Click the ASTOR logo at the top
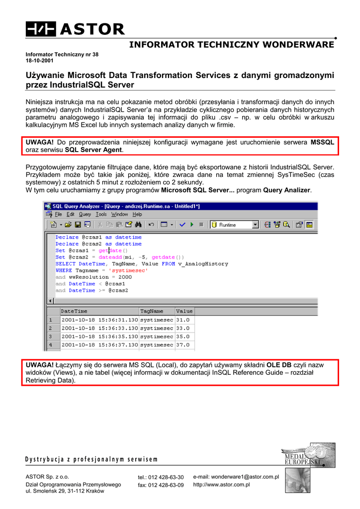click(x=75, y=29)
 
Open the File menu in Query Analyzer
click(x=58, y=214)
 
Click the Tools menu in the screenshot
click(x=101, y=214)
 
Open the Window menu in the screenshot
click(x=119, y=214)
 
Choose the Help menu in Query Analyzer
click(x=137, y=214)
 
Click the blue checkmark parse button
click(x=182, y=225)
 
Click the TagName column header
click(x=152, y=312)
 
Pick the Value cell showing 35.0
click(x=183, y=337)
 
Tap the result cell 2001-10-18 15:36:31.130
click(x=99, y=320)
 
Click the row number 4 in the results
click(x=50, y=344)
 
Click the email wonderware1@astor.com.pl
click(x=236, y=477)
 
